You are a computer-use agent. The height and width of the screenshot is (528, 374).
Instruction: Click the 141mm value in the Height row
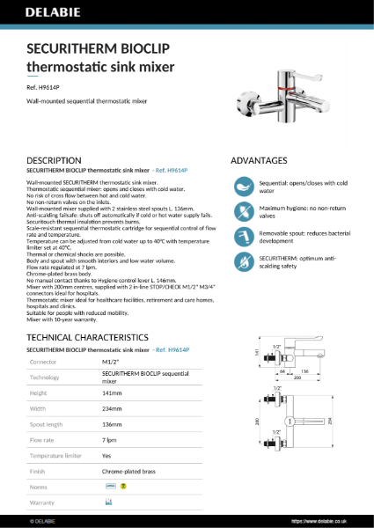coord(112,393)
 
